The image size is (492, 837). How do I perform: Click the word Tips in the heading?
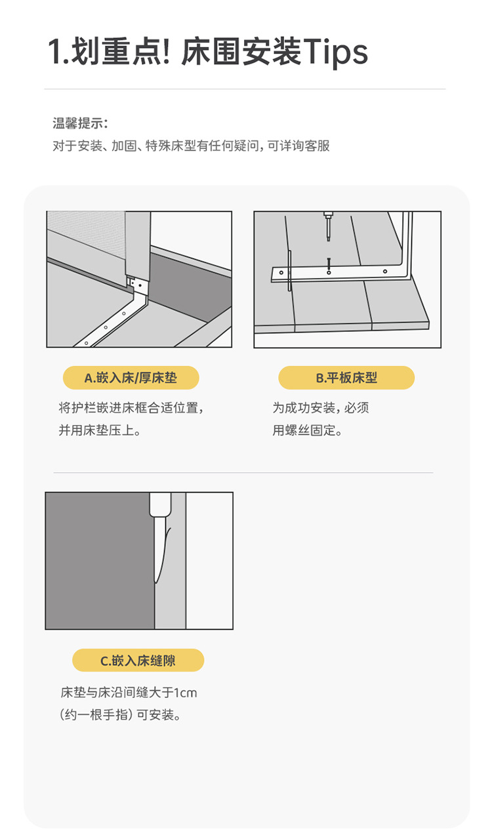point(335,52)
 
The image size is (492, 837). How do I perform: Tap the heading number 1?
point(54,52)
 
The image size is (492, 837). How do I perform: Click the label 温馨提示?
point(80,123)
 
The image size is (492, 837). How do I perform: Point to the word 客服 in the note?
point(318,146)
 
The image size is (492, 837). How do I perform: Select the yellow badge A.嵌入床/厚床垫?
point(131,378)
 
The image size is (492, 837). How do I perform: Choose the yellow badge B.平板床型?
point(346,378)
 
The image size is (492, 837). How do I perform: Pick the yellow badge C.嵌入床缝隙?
point(138,661)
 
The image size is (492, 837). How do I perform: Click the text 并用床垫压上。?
point(100,431)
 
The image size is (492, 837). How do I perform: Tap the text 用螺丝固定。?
point(308,431)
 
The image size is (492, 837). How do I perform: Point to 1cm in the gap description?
point(186,693)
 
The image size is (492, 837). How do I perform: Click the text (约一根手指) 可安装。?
point(121,715)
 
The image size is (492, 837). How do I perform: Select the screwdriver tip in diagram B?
point(328,235)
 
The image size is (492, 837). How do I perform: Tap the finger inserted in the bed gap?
point(159,544)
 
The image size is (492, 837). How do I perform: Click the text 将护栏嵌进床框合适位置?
point(131,408)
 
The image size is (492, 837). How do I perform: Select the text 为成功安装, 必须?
point(321,408)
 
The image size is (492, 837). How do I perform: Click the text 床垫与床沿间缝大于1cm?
point(129,693)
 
